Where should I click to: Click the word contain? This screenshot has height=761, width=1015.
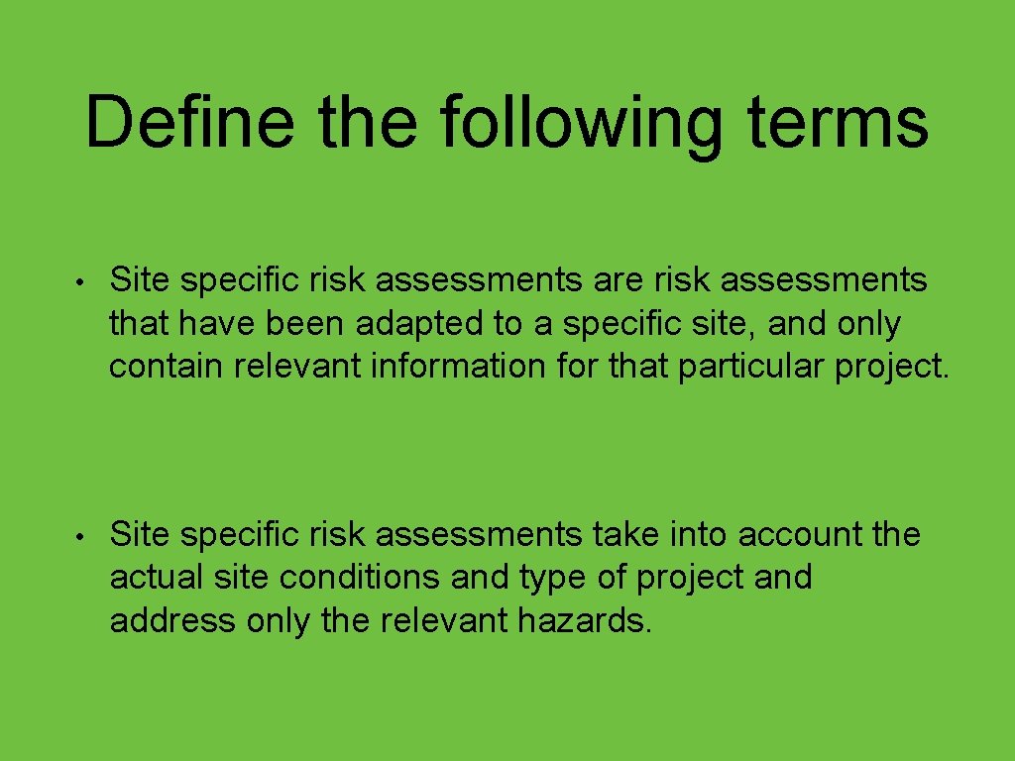(x=168, y=367)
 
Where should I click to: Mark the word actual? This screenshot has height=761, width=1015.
(x=155, y=578)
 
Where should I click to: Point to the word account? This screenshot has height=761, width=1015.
(x=801, y=535)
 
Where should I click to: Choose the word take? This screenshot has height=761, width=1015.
(x=626, y=535)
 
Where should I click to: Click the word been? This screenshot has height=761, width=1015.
(x=317, y=324)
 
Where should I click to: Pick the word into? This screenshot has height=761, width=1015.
(x=700, y=535)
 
